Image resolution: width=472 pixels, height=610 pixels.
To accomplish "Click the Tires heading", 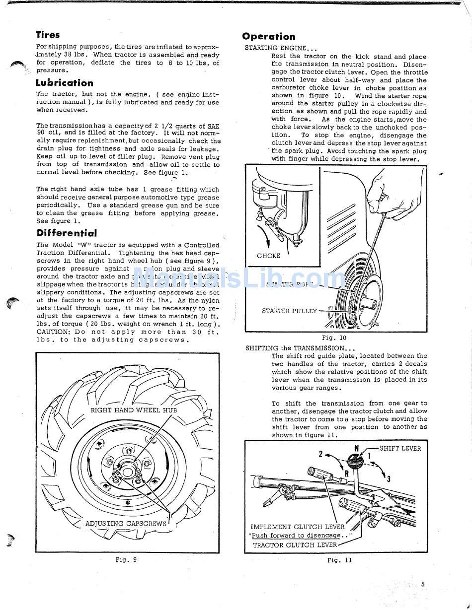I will [48, 35].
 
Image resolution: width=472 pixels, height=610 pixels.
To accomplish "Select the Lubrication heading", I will [65, 83].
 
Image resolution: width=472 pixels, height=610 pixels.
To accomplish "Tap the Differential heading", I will [67, 233].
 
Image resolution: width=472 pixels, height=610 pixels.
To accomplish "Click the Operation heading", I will [269, 36].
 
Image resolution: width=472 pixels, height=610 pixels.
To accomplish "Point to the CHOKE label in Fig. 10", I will [268, 256].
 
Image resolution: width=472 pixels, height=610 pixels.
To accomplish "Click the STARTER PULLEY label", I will [289, 311].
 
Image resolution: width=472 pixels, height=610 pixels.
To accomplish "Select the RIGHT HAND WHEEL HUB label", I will [134, 410].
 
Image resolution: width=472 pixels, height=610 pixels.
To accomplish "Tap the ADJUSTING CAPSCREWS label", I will [126, 523].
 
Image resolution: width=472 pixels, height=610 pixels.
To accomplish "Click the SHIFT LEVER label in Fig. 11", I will [400, 448].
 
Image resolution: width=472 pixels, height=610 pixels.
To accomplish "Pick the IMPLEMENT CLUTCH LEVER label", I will [297, 527].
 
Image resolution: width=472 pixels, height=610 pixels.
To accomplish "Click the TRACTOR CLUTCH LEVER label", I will [295, 544].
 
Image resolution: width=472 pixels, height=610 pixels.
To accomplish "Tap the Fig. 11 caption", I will [339, 560].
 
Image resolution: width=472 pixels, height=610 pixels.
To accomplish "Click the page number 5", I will [423, 584].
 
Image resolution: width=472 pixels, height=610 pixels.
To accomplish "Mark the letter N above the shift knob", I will [357, 448].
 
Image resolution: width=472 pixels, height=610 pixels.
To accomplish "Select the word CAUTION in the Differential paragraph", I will [53, 332].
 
